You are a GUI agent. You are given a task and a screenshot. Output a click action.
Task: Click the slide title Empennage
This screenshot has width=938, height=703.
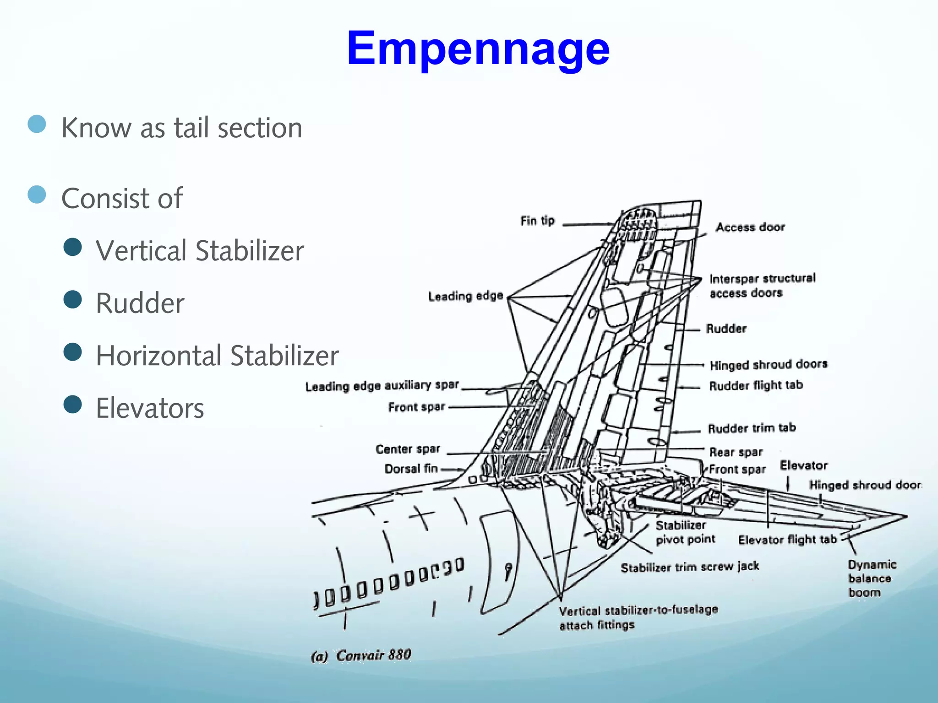(x=478, y=49)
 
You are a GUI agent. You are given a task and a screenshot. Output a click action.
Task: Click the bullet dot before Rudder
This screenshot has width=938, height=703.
(x=73, y=300)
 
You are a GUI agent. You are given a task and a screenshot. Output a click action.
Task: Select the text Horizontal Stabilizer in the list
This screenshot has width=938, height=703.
(x=217, y=356)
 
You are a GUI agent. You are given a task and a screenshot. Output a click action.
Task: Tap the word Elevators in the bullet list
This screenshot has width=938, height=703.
(x=150, y=408)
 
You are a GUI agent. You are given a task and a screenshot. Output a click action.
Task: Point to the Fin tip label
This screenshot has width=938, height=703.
(x=537, y=221)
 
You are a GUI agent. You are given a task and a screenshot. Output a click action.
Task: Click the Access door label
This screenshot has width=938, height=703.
(x=750, y=227)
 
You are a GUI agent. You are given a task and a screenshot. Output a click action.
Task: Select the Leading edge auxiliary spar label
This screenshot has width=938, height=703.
(x=382, y=386)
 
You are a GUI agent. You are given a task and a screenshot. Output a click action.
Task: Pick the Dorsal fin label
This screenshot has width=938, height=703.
(x=411, y=469)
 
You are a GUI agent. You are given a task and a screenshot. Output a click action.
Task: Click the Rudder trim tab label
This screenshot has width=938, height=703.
(x=752, y=428)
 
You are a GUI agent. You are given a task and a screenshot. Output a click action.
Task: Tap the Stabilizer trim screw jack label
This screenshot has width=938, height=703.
(x=690, y=567)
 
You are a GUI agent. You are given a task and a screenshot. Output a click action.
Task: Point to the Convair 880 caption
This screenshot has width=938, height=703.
(x=361, y=655)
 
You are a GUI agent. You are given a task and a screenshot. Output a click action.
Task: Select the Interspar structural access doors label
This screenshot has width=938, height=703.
(x=762, y=286)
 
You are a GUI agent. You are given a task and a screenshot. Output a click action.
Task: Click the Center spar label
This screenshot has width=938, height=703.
(x=408, y=449)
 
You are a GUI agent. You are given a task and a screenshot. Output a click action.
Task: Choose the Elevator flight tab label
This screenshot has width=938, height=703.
(x=787, y=540)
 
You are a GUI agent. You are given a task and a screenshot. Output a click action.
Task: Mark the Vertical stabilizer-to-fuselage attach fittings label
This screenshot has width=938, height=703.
(x=638, y=618)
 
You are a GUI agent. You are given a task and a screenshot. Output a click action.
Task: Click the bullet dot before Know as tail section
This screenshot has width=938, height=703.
(x=37, y=124)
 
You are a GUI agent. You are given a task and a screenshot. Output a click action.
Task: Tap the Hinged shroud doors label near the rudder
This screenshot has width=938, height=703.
(x=769, y=365)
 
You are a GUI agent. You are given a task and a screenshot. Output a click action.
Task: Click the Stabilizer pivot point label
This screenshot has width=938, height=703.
(x=685, y=532)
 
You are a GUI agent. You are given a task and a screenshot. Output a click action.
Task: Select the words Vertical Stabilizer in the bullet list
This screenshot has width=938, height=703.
(x=200, y=251)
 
